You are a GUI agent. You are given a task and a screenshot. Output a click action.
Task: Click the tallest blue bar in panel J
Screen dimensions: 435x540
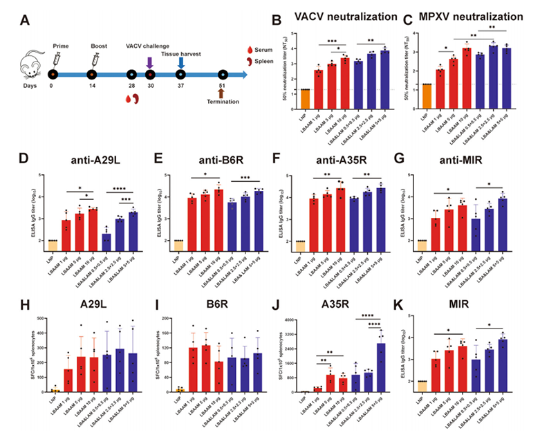pyautogui.click(x=380, y=367)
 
